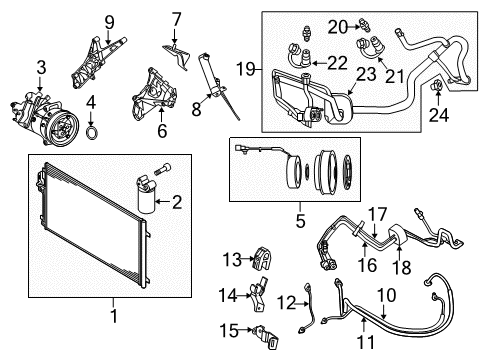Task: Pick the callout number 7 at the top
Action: (176, 18)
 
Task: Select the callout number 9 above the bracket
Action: (110, 19)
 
